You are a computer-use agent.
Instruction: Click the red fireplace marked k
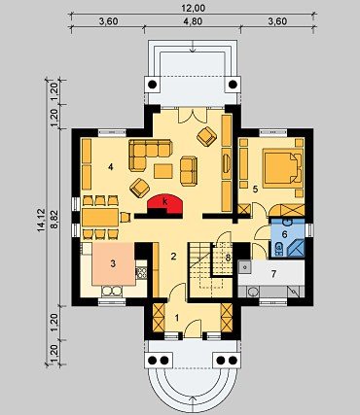[165, 204]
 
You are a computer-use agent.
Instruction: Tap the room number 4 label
[111, 167]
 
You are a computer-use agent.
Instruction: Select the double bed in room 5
[283, 168]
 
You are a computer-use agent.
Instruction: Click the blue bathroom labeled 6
[288, 238]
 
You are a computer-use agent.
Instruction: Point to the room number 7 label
[273, 274]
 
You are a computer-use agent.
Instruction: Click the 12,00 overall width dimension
[194, 8]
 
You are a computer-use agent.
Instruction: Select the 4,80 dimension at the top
[193, 21]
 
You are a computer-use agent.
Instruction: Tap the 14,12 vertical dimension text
[41, 221]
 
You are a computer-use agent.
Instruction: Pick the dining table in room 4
[100, 217]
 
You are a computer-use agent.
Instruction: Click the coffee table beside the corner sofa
[163, 171]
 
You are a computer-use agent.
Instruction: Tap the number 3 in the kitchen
[113, 263]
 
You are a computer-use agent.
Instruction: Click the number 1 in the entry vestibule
[177, 318]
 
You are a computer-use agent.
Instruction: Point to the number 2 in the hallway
[173, 257]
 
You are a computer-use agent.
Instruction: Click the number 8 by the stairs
[228, 259]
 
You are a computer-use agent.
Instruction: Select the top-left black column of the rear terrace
[152, 85]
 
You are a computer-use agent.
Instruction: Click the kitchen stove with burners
[141, 273]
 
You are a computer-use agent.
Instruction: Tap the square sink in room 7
[244, 267]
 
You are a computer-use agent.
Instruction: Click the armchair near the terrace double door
[206, 136]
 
